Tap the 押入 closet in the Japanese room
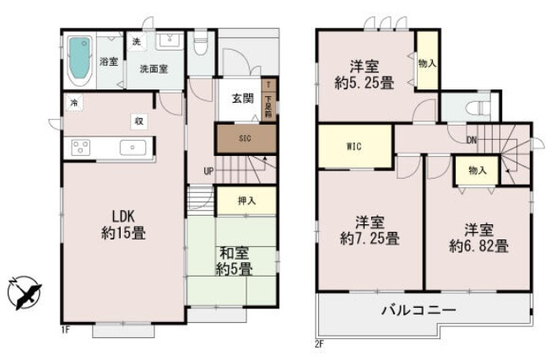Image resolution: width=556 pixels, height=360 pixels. [x=246, y=201]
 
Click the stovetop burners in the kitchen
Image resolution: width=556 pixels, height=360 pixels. [x=81, y=148]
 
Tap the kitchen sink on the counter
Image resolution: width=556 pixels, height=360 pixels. [x=132, y=148]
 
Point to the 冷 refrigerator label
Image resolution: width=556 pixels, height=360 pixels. [x=73, y=103]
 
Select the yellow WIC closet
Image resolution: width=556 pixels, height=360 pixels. [x=354, y=146]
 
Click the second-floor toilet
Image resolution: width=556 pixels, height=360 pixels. [x=472, y=110]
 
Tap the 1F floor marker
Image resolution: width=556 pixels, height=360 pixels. [x=64, y=329]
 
